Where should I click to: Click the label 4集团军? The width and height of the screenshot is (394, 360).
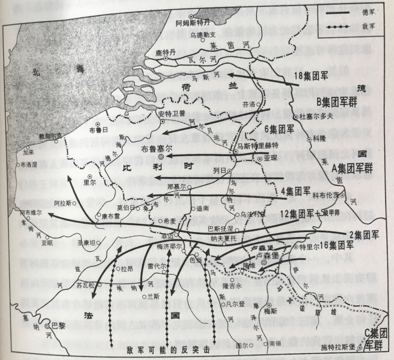coord(295,190)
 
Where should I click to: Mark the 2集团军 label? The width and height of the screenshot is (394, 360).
coord(365,235)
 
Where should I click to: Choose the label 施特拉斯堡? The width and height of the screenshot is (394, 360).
coord(338,348)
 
